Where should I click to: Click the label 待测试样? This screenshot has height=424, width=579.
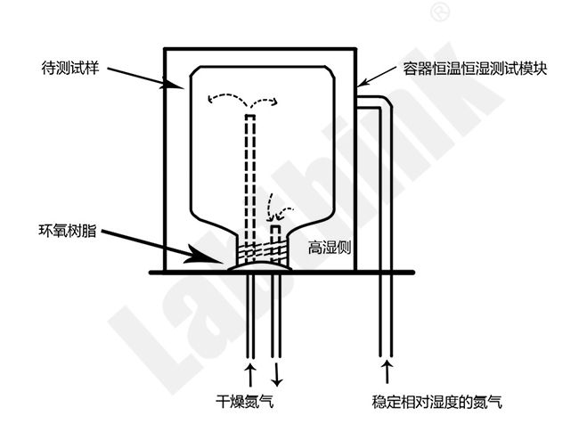tap(70, 69)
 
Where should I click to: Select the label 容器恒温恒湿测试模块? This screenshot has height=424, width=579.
tap(475, 69)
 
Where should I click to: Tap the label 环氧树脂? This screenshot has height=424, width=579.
tap(68, 231)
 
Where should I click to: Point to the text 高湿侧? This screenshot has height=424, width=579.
tap(330, 248)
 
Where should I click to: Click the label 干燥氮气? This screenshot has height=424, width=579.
tap(245, 401)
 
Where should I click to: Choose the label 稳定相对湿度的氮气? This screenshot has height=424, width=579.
tap(437, 402)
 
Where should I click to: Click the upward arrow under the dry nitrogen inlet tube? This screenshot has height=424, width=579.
tap(250, 374)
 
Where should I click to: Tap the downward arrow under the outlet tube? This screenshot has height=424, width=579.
tap(276, 374)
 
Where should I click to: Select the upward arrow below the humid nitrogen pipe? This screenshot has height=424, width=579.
tap(387, 371)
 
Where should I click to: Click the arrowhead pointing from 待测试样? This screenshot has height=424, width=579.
tap(173, 84)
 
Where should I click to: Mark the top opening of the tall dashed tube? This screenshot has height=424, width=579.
tap(250, 116)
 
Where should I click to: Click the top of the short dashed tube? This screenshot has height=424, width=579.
tap(276, 225)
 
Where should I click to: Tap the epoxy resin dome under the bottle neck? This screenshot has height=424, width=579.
tap(259, 266)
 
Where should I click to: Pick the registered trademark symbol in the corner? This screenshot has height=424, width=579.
tap(441, 12)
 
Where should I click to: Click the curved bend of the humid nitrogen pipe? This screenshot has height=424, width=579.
tap(384, 102)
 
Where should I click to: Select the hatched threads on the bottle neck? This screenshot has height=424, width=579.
tap(262, 252)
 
